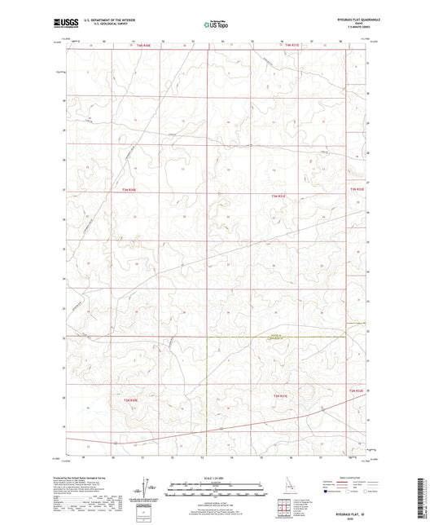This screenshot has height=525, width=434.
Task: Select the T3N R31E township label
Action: tap(279, 196)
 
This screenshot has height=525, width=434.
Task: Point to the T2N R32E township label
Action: tap(357, 393)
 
